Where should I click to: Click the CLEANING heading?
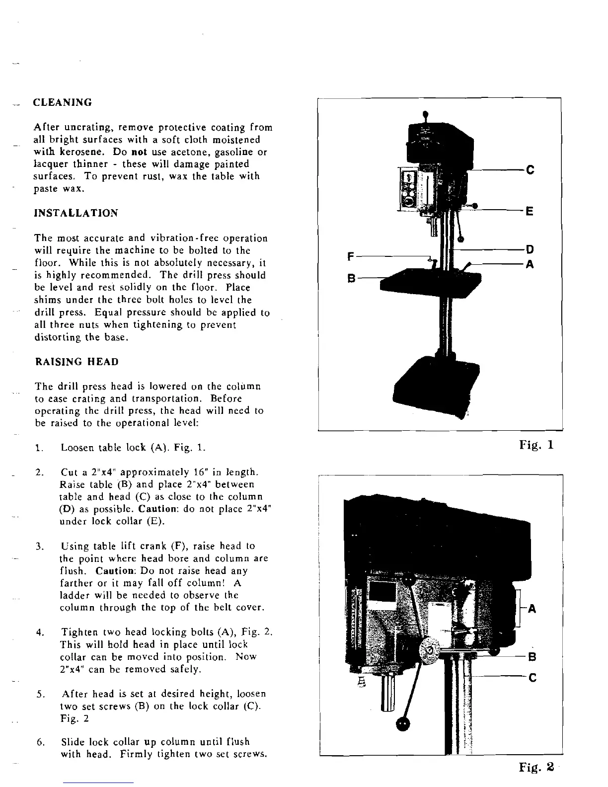tap(62, 103)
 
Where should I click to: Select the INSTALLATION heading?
tap(76, 213)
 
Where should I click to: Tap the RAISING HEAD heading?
tap(77, 362)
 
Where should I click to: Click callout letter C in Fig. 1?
tap(530, 170)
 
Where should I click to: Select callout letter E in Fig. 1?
tap(530, 212)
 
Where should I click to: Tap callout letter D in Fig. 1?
tap(530, 249)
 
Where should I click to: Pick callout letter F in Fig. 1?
tap(351, 256)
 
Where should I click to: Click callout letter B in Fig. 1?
tap(351, 279)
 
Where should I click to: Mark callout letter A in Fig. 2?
tap(532, 609)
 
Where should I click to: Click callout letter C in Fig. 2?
tap(532, 677)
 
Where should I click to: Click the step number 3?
tap(39, 547)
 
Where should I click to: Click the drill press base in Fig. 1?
tap(436, 381)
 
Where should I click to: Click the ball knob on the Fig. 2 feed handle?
tap(403, 724)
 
